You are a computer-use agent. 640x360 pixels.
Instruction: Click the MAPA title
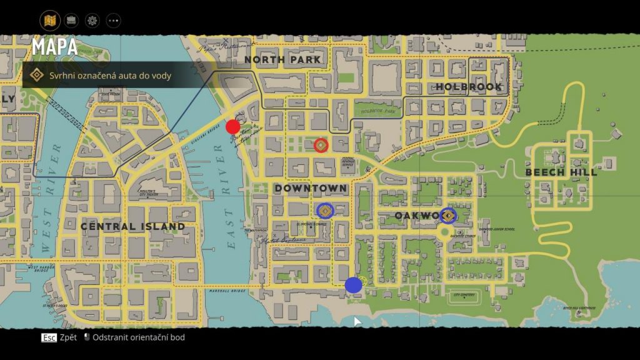(55, 47)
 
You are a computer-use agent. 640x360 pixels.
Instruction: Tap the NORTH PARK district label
(282, 60)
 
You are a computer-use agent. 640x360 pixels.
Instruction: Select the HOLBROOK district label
(469, 87)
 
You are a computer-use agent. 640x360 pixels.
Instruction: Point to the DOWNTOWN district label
(311, 188)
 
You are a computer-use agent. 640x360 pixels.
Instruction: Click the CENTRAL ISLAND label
(132, 226)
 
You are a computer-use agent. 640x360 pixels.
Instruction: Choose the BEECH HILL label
(561, 172)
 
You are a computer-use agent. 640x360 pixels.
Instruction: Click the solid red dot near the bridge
(233, 127)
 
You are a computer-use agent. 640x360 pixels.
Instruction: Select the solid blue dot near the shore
(353, 285)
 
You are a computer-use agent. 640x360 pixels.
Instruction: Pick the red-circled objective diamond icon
(321, 146)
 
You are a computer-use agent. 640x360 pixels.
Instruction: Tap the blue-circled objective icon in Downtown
(324, 211)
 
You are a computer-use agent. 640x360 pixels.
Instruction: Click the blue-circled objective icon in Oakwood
(447, 216)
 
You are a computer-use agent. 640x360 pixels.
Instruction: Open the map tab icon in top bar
(50, 20)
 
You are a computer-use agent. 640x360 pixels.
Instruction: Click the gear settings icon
(92, 20)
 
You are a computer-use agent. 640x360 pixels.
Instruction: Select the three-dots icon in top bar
(113, 20)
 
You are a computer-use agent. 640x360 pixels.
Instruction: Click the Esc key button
(49, 337)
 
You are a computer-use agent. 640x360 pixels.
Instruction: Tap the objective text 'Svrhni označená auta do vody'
(110, 76)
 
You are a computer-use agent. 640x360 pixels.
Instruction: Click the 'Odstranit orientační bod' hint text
(139, 337)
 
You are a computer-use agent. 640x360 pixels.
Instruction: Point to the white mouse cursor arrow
(357, 321)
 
